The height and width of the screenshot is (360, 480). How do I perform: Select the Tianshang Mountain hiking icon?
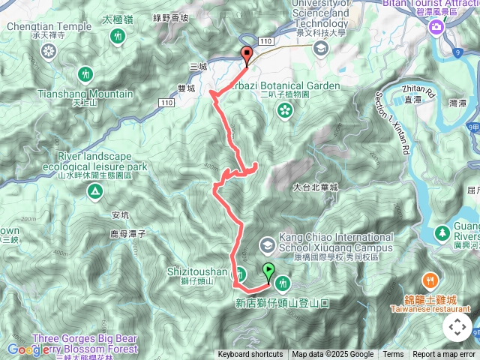85,73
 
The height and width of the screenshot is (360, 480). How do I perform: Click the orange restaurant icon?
430,281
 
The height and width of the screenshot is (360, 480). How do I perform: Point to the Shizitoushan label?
197,271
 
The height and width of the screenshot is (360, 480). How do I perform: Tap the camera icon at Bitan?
436,27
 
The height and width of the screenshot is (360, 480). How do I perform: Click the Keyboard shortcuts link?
250,355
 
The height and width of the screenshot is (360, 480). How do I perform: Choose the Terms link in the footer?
393,355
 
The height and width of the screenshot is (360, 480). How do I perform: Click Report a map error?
444,355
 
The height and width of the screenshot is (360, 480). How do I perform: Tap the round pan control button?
457,327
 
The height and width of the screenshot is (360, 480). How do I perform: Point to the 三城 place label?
198,67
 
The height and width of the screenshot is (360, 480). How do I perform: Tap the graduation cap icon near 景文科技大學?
321,49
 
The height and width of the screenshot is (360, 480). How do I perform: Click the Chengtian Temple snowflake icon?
49,51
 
